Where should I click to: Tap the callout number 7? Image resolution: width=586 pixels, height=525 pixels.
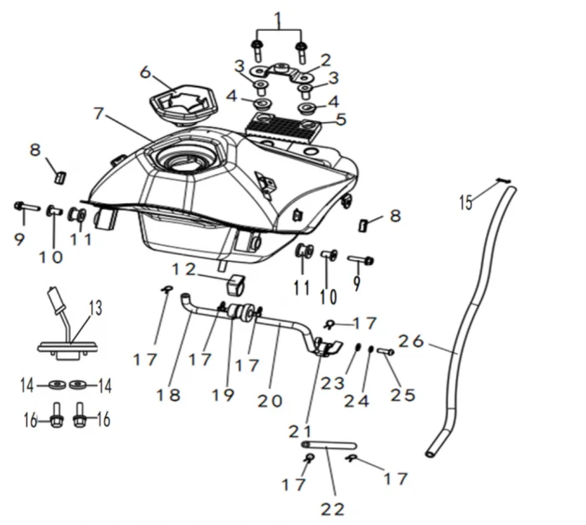tap(100, 112)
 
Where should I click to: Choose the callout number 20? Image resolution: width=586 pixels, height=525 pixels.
tap(270, 400)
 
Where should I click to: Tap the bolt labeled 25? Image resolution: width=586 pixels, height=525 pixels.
tap(386, 352)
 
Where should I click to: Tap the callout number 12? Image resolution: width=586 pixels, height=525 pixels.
tap(183, 269)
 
